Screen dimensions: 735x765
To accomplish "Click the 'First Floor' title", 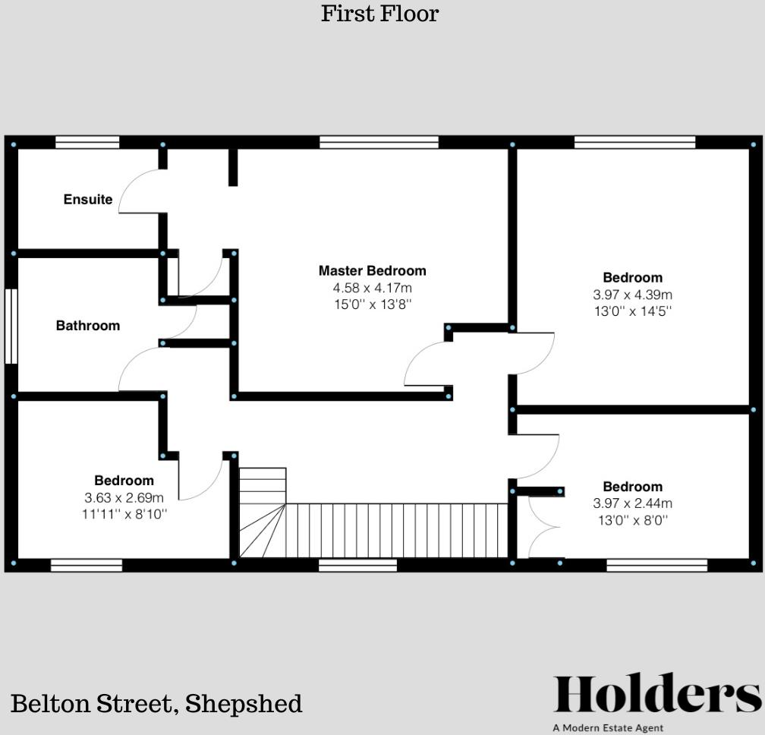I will [x=379, y=14].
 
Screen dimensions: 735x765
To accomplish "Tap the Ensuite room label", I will [x=88, y=200].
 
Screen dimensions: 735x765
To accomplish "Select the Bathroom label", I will [x=88, y=326].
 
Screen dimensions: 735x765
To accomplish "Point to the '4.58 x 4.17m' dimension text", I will [x=372, y=288].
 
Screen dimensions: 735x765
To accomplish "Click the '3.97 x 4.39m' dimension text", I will [x=632, y=295].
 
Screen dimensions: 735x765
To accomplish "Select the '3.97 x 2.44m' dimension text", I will [x=632, y=503].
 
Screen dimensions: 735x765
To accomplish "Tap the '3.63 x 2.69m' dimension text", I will [x=124, y=497].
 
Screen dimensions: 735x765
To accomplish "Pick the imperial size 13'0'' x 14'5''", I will [x=632, y=311].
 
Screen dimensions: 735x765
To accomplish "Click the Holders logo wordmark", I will [x=656, y=695].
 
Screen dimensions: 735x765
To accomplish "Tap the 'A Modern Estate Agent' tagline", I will [x=608, y=727].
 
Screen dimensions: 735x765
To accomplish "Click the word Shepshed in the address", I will [x=244, y=703].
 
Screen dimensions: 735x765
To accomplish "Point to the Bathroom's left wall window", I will [x=11, y=326].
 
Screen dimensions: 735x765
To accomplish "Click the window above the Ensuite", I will [x=87, y=142].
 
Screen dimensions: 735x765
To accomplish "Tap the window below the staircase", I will [x=357, y=565].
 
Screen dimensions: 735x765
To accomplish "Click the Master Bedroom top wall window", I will [x=379, y=142].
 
